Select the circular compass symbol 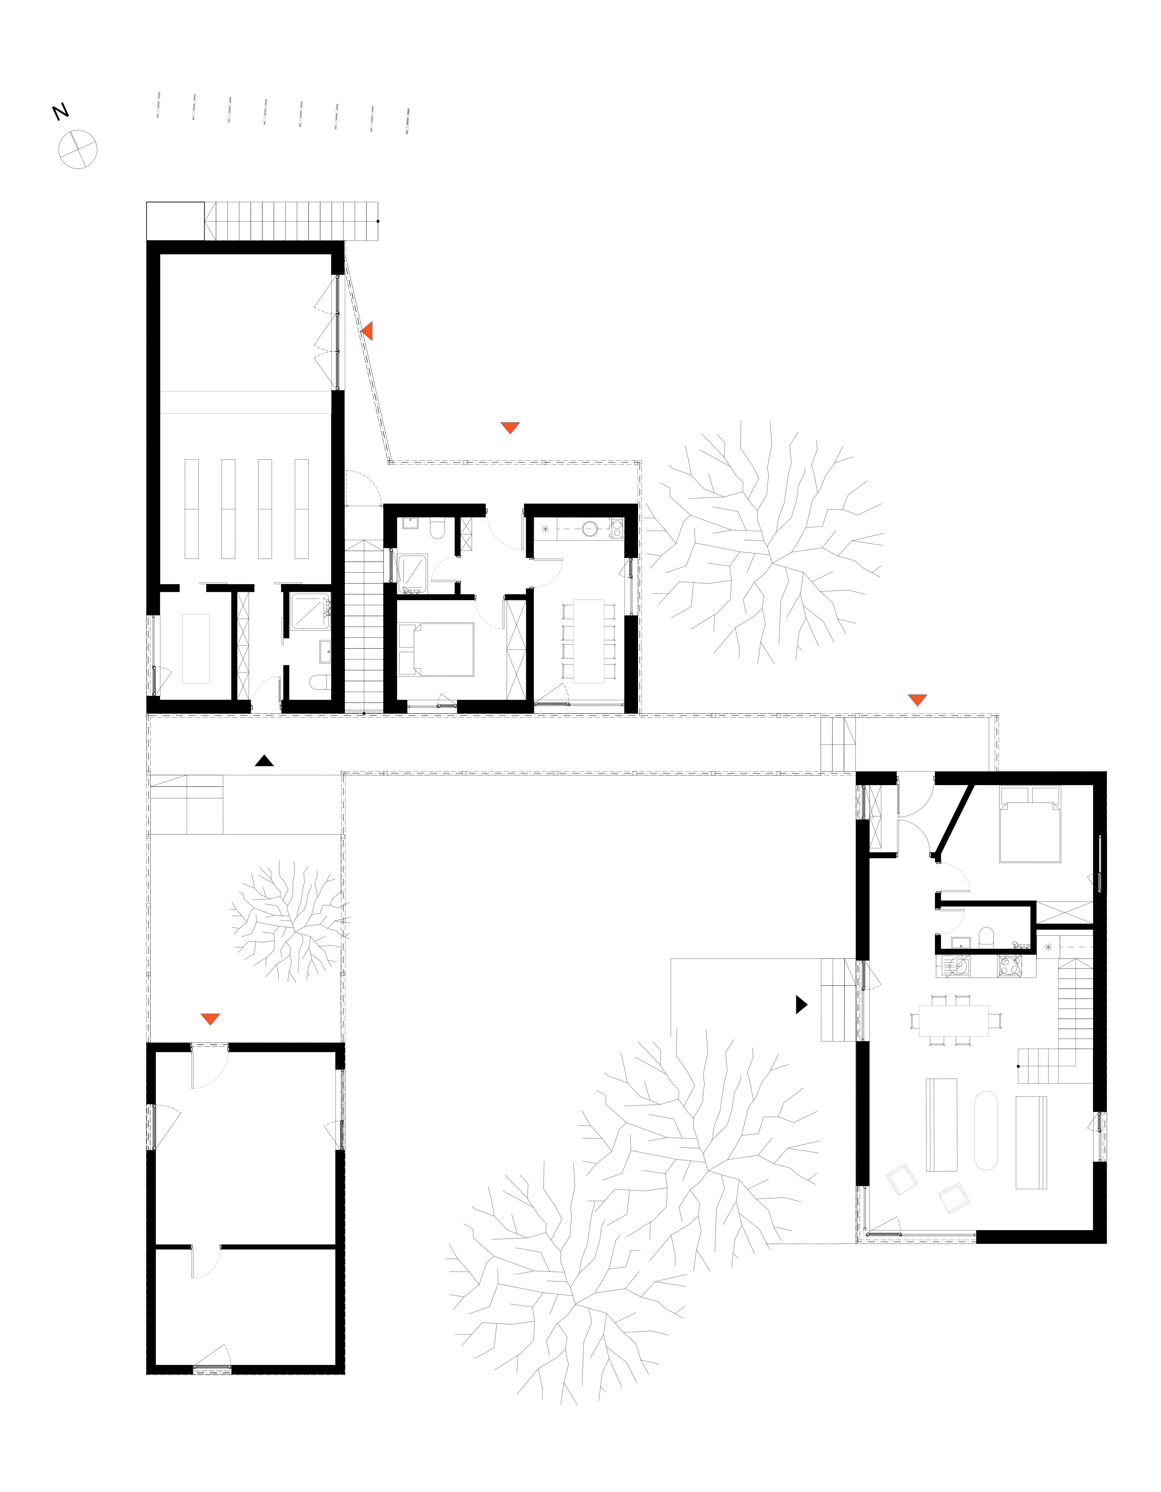(x=78, y=149)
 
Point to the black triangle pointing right (x=802, y=1004)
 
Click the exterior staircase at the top (x=292, y=221)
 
